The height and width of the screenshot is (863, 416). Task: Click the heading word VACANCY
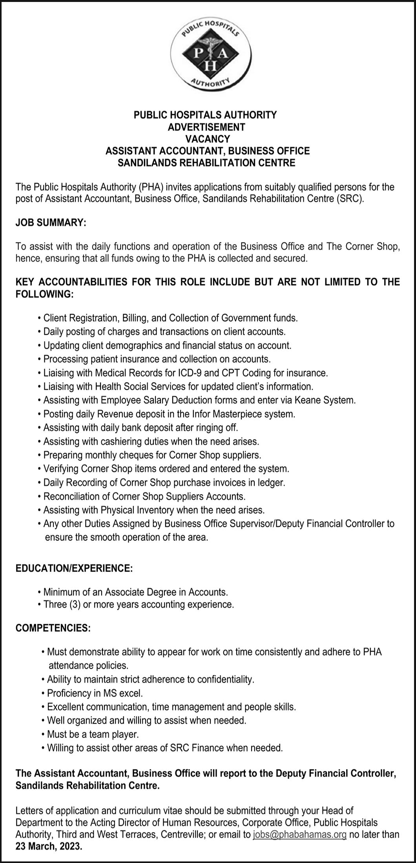(208, 139)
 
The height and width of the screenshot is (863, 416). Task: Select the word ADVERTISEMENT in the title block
(206, 127)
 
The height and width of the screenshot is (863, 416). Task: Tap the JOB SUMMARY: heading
(51, 223)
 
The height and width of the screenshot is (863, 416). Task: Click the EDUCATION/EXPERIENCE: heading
(74, 568)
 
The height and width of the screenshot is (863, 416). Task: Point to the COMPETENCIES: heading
(53, 628)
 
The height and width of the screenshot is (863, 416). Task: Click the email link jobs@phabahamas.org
(300, 835)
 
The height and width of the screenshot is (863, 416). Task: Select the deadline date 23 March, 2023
(49, 847)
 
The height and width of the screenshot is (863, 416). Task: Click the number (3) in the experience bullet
(75, 604)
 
